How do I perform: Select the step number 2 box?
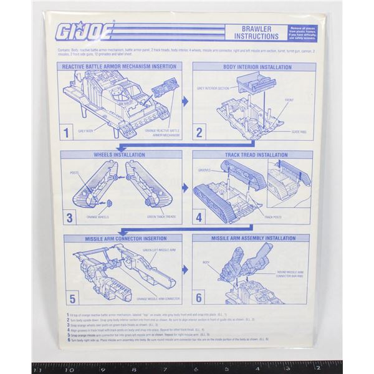[200, 132]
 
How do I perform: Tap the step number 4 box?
[200, 218]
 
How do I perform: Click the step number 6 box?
[200, 298]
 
